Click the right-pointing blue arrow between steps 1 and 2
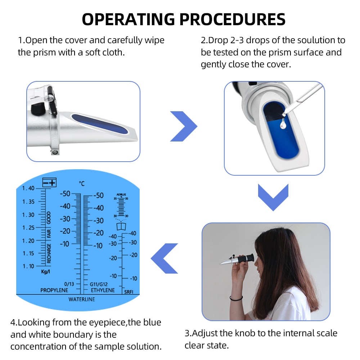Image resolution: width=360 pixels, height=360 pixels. (184, 126)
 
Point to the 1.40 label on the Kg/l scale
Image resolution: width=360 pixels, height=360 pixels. (28, 188)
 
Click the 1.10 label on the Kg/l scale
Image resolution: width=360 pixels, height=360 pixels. (28, 266)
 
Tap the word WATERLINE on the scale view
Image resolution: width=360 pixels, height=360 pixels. (82, 299)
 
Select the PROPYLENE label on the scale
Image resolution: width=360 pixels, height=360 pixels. (54, 290)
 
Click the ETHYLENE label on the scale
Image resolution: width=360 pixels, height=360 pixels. (103, 290)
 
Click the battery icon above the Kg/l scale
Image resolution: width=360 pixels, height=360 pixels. (49, 183)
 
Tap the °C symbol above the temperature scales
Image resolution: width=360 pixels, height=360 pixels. (82, 184)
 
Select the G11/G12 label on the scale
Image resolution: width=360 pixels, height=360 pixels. (99, 284)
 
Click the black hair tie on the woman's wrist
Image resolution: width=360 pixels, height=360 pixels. (236, 298)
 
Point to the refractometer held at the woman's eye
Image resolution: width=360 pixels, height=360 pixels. (238, 260)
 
